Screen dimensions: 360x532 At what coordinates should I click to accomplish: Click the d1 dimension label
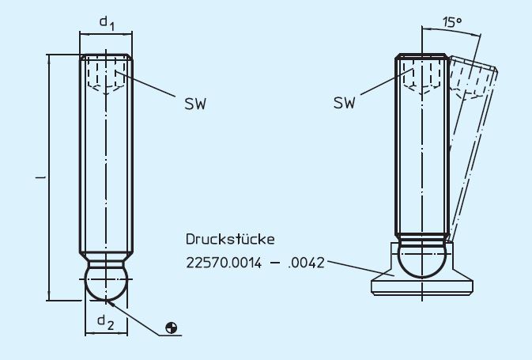(x=106, y=24)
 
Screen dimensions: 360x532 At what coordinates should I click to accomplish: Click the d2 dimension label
(x=105, y=320)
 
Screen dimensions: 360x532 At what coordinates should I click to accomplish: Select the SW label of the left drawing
(x=194, y=104)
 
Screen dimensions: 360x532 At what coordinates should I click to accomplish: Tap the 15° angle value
(x=451, y=23)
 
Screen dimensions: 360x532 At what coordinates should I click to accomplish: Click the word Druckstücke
(x=229, y=238)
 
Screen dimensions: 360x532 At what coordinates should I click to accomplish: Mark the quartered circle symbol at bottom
(x=172, y=328)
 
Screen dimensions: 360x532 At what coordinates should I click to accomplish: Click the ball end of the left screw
(x=106, y=282)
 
